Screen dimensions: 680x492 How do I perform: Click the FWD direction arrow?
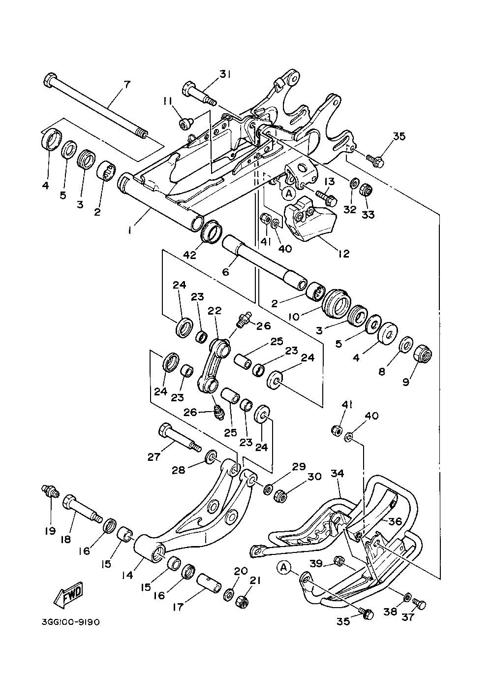67,594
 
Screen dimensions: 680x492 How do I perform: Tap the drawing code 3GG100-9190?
71,622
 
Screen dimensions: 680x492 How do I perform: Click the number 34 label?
338,474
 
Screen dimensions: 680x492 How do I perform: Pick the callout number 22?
215,311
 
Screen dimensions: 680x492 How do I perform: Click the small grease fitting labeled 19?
49,490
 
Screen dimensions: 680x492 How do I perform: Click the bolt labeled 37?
419,603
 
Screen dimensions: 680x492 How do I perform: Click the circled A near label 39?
283,568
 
